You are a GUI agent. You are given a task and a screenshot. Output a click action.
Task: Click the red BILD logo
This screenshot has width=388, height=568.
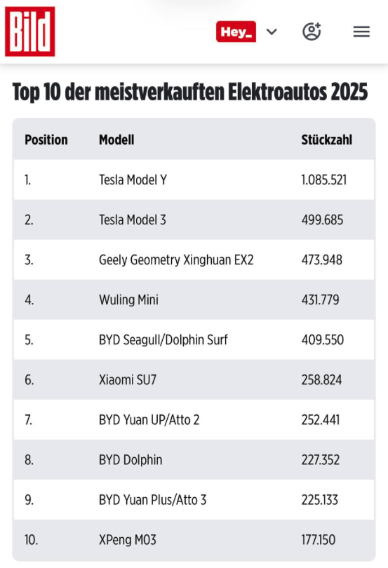click(x=29, y=32)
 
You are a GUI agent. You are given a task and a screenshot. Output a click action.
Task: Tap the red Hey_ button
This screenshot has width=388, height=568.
click(x=236, y=32)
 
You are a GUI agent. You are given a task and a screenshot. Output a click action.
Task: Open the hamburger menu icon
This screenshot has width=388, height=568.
click(x=361, y=32)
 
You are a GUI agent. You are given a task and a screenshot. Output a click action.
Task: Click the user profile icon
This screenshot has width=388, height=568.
click(x=312, y=32)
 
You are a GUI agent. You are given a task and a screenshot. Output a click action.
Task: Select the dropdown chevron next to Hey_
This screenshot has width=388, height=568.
click(x=272, y=32)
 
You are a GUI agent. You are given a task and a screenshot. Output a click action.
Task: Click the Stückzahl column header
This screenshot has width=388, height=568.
click(x=326, y=140)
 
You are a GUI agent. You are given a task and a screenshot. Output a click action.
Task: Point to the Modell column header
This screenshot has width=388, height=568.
click(x=116, y=140)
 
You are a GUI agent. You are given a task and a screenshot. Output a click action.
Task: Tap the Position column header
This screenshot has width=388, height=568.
click(x=46, y=140)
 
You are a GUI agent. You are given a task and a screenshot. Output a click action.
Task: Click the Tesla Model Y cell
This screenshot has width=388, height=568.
click(x=133, y=180)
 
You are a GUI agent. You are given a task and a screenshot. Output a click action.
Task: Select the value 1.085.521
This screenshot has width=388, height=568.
click(x=323, y=180)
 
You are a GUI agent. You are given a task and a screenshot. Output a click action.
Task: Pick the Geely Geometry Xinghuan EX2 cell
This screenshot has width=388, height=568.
click(x=176, y=260)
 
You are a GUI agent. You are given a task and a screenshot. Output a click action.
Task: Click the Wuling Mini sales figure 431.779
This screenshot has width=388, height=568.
click(x=320, y=300)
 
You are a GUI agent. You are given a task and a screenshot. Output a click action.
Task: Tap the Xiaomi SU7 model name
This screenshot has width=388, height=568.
click(x=128, y=380)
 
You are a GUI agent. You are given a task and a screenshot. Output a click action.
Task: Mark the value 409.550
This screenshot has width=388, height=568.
click(x=322, y=340)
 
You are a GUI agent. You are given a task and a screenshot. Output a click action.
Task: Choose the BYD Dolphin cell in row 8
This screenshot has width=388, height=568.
click(x=131, y=460)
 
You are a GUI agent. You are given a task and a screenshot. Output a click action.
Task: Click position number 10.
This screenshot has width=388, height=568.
click(x=31, y=540)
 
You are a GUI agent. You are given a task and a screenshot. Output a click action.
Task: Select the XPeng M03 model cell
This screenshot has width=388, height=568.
click(x=128, y=540)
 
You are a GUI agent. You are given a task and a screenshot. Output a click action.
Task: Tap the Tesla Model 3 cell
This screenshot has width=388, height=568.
click(x=133, y=220)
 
